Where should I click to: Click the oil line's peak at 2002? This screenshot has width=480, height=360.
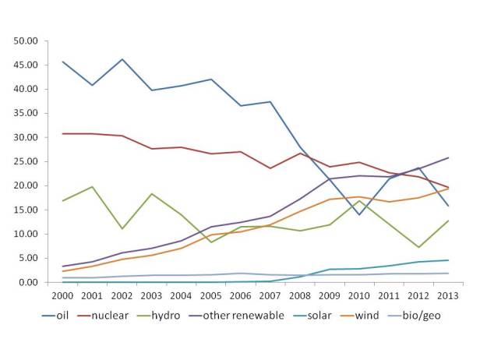[x=122, y=59]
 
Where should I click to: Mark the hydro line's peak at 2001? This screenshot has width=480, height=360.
[x=93, y=187]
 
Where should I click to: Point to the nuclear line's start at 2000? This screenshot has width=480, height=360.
[x=62, y=133]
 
